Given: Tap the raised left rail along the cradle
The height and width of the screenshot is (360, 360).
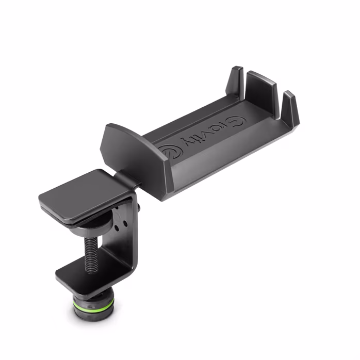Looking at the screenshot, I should (186, 116).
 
